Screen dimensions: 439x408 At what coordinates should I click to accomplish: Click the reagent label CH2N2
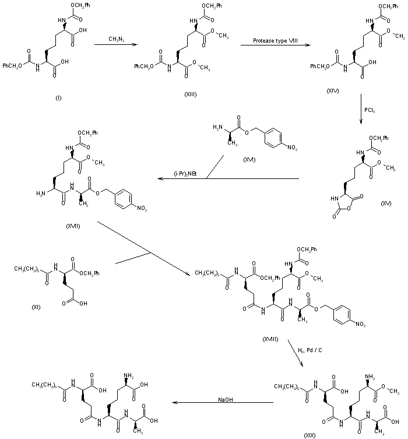click(x=115, y=39)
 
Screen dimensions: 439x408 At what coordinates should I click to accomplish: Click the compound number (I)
click(x=58, y=97)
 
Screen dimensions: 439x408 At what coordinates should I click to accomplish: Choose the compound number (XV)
click(x=386, y=203)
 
